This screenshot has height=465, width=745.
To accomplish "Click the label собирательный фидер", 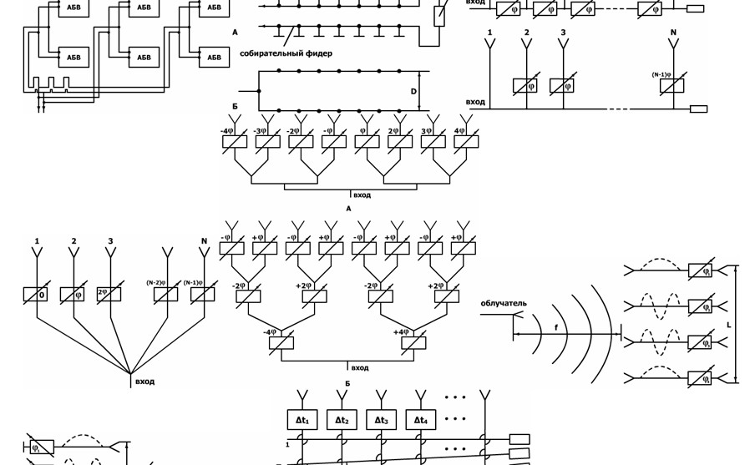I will (x=286, y=53).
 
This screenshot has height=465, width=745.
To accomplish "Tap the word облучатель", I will (x=504, y=304).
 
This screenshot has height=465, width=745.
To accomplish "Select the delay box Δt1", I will (x=302, y=420).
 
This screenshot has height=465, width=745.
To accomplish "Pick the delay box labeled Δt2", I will (x=342, y=420).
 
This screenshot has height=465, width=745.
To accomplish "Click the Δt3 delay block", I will (x=381, y=420).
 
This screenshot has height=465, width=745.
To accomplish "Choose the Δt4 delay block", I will (x=420, y=420).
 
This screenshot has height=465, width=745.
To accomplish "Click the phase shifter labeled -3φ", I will (x=267, y=142).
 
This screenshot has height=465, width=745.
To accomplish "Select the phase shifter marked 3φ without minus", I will (x=433, y=142).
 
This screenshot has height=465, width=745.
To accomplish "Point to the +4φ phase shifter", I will (x=413, y=342).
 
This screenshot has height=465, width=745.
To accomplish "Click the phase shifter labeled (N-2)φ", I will (x=166, y=295).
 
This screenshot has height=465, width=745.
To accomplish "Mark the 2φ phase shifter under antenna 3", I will (x=109, y=295).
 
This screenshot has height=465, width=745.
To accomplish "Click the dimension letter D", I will (x=413, y=92).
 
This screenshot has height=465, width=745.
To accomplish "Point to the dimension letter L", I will (x=729, y=325).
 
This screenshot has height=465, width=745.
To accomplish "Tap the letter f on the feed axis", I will (x=556, y=328).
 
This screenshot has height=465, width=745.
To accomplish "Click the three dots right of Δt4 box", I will (x=455, y=419).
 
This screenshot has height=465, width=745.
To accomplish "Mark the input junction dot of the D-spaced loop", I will (x=259, y=91).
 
